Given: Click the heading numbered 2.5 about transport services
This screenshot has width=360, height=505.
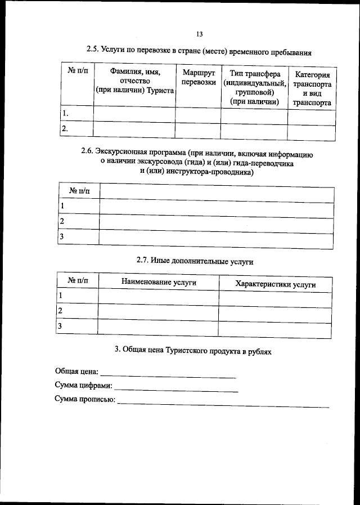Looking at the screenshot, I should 199,51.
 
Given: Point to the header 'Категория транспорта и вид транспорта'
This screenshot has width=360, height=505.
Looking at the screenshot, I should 312,88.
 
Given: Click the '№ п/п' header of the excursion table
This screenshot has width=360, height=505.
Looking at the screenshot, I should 79,191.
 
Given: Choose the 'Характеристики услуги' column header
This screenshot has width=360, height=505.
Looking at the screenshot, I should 275,284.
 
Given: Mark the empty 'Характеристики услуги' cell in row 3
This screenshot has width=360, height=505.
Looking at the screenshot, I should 275,328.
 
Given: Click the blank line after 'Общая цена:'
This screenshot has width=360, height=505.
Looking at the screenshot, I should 169,373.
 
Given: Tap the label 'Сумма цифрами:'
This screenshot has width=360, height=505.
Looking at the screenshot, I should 83,386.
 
